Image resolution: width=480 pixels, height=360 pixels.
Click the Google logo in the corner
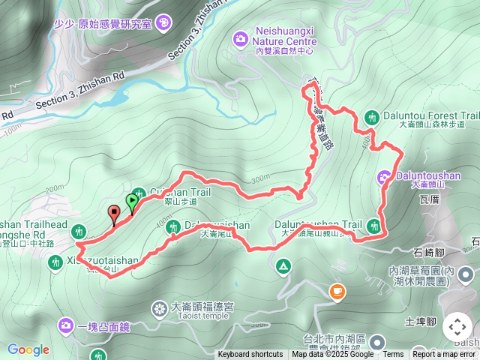(28, 349)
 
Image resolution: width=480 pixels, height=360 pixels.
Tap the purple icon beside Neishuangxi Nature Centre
(240, 37)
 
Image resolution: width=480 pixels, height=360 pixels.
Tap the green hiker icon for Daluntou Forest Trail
(371, 117)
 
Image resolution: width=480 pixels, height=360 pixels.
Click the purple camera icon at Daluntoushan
(383, 177)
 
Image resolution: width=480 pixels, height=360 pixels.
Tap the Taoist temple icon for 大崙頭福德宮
(159, 307)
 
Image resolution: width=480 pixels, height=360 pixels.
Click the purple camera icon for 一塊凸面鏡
(66, 325)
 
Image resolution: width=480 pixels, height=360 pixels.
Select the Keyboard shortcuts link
(250, 355)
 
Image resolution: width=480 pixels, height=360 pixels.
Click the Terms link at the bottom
(393, 355)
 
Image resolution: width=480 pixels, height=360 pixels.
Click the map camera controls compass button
(457, 327)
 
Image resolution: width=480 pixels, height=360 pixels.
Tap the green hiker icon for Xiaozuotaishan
(54, 262)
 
